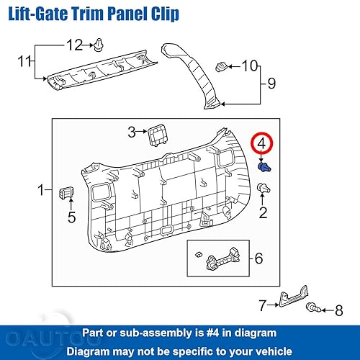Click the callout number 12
[75, 46]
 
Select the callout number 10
[249, 67]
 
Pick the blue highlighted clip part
[264, 166]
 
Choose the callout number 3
[132, 132]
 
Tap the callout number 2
[263, 212]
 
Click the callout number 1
[40, 191]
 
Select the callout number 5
[71, 217]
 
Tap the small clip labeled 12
[97, 47]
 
